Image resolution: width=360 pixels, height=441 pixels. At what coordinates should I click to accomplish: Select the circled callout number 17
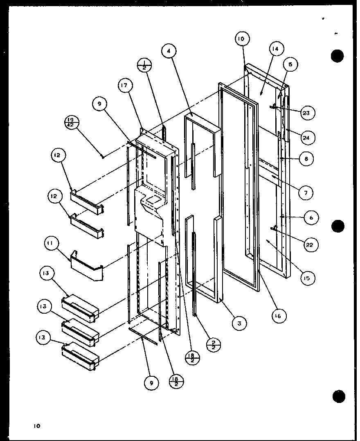[x=124, y=86]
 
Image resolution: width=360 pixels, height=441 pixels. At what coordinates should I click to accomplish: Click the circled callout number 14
[x=276, y=49]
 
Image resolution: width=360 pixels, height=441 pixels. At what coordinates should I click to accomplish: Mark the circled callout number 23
[x=306, y=113]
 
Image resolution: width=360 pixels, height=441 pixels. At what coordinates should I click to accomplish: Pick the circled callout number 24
[x=306, y=138]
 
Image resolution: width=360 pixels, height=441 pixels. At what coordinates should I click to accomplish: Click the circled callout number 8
[x=306, y=159]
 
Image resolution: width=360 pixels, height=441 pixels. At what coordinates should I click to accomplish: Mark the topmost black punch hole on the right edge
[x=337, y=55]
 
